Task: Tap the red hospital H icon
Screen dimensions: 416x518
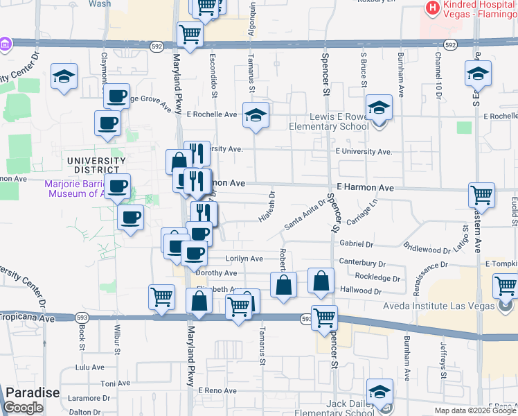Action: [x=433, y=8]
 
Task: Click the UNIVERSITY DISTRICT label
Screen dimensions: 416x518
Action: [x=96, y=166]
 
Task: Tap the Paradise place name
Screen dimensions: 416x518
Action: [x=33, y=393]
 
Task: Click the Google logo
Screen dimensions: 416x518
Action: [x=23, y=408]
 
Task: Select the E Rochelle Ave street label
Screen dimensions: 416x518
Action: [x=212, y=114]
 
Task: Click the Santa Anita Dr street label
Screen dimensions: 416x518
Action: [x=305, y=215]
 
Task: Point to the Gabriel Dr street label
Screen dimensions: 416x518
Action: [x=357, y=244]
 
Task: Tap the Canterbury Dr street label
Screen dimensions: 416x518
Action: [x=362, y=263]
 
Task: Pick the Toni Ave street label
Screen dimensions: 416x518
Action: [x=111, y=383]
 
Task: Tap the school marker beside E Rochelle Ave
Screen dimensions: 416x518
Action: [x=256, y=114]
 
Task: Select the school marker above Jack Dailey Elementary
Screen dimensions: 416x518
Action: [x=379, y=390]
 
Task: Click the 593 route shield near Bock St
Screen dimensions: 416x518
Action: [x=82, y=318]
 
